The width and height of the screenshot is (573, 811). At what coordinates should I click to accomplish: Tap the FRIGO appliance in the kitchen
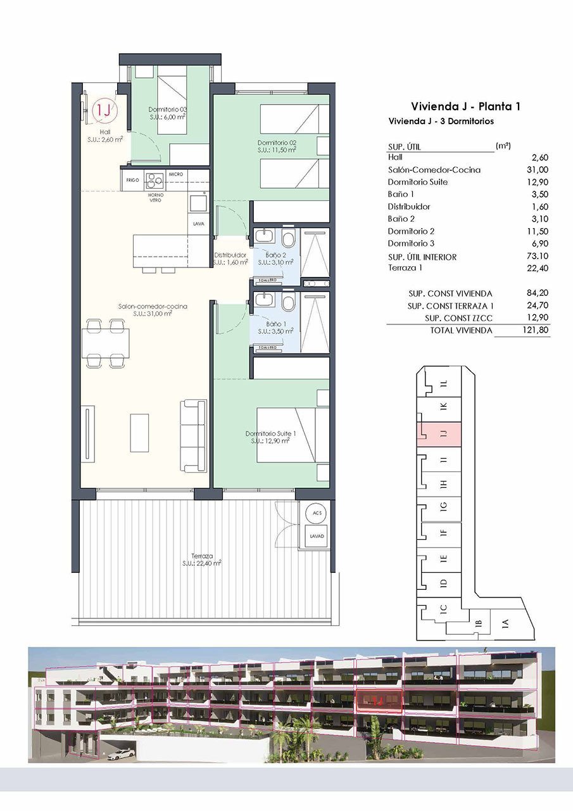pos(132,180)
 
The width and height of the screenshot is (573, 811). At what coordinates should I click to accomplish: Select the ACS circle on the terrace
pos(316,513)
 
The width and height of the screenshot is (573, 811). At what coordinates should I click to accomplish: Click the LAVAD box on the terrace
pos(317,536)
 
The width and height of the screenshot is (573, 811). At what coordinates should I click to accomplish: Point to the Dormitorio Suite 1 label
pos(270,437)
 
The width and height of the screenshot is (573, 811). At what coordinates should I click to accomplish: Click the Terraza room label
pos(201,558)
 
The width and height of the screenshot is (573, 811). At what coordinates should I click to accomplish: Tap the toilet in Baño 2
pos(289,240)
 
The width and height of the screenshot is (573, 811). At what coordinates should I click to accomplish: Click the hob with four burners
pos(154,180)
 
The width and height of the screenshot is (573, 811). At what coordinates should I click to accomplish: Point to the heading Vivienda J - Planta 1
pos(465,106)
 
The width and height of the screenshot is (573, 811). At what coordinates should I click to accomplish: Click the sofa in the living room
pos(193,434)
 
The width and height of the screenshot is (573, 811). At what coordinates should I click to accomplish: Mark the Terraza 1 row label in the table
pos(405,268)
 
